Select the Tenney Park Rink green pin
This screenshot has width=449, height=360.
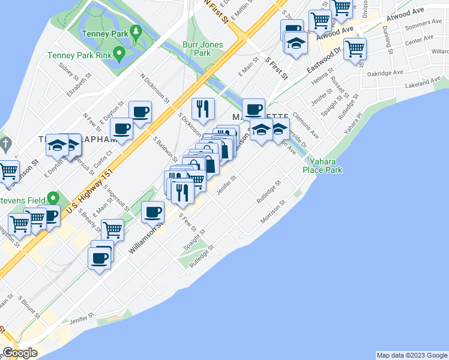119,55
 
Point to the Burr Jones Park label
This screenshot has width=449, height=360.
203,49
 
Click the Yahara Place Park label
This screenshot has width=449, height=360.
325,166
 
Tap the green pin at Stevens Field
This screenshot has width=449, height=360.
53,197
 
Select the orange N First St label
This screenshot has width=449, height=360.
217,10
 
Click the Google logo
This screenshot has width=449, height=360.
20,352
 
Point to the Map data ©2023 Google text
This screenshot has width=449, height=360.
411,355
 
